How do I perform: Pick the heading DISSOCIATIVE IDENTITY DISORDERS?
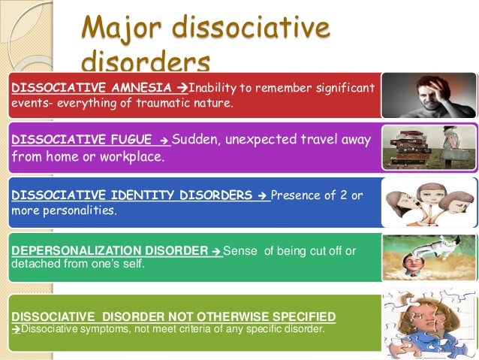[x=132, y=195]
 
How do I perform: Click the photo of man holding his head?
[x=429, y=95]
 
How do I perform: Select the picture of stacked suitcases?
[x=429, y=147]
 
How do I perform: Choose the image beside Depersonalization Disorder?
[x=429, y=257]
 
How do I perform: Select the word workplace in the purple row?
[x=134, y=158]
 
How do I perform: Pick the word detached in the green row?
[x=34, y=265]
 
